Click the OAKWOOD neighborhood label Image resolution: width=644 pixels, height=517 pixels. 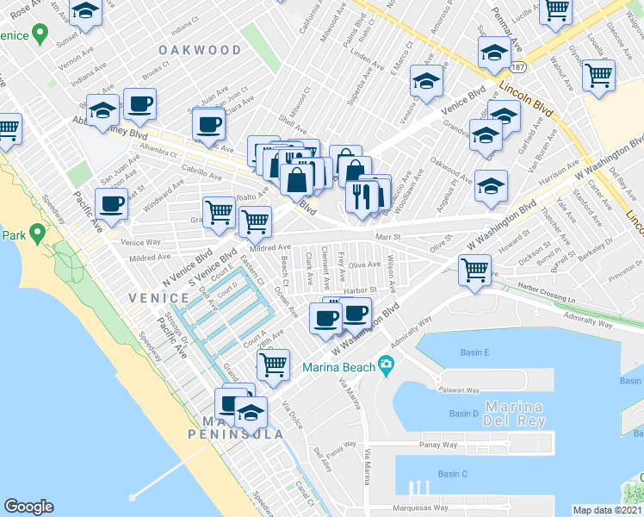[x=200, y=51]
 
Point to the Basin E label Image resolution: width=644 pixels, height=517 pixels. [x=474, y=352]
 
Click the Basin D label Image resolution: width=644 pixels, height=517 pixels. [x=463, y=414]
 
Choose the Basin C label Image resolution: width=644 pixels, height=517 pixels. [x=452, y=474]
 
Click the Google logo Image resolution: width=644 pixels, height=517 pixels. [x=28, y=507]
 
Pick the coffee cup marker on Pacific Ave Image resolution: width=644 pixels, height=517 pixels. [x=111, y=205]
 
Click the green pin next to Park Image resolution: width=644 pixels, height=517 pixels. [x=37, y=233]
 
